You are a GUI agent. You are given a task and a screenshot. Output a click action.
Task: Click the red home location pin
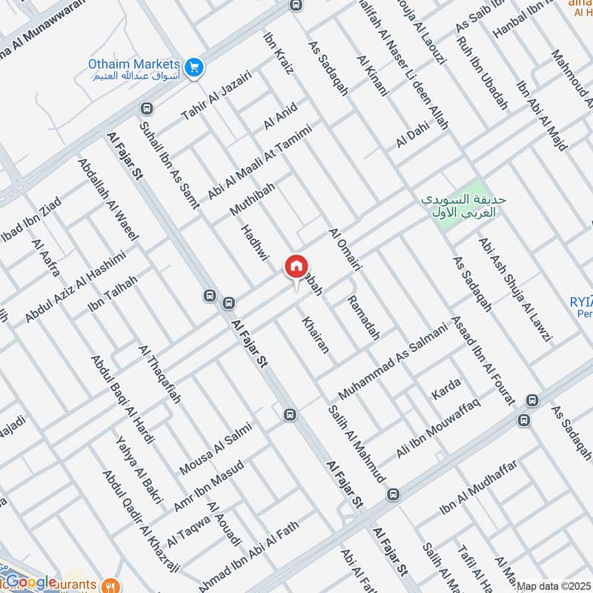tap(296, 267)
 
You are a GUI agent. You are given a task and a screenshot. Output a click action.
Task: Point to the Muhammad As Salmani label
tap(394, 360)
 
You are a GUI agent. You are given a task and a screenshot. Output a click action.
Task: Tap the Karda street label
tap(445, 390)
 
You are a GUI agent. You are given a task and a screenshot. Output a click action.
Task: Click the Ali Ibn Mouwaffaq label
tap(439, 428)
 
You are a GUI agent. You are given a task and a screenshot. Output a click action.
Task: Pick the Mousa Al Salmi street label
tap(216, 449)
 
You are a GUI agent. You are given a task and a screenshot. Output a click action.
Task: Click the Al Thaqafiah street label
tap(159, 374)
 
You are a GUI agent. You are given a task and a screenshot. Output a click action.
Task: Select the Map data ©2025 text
tap(553, 586)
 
